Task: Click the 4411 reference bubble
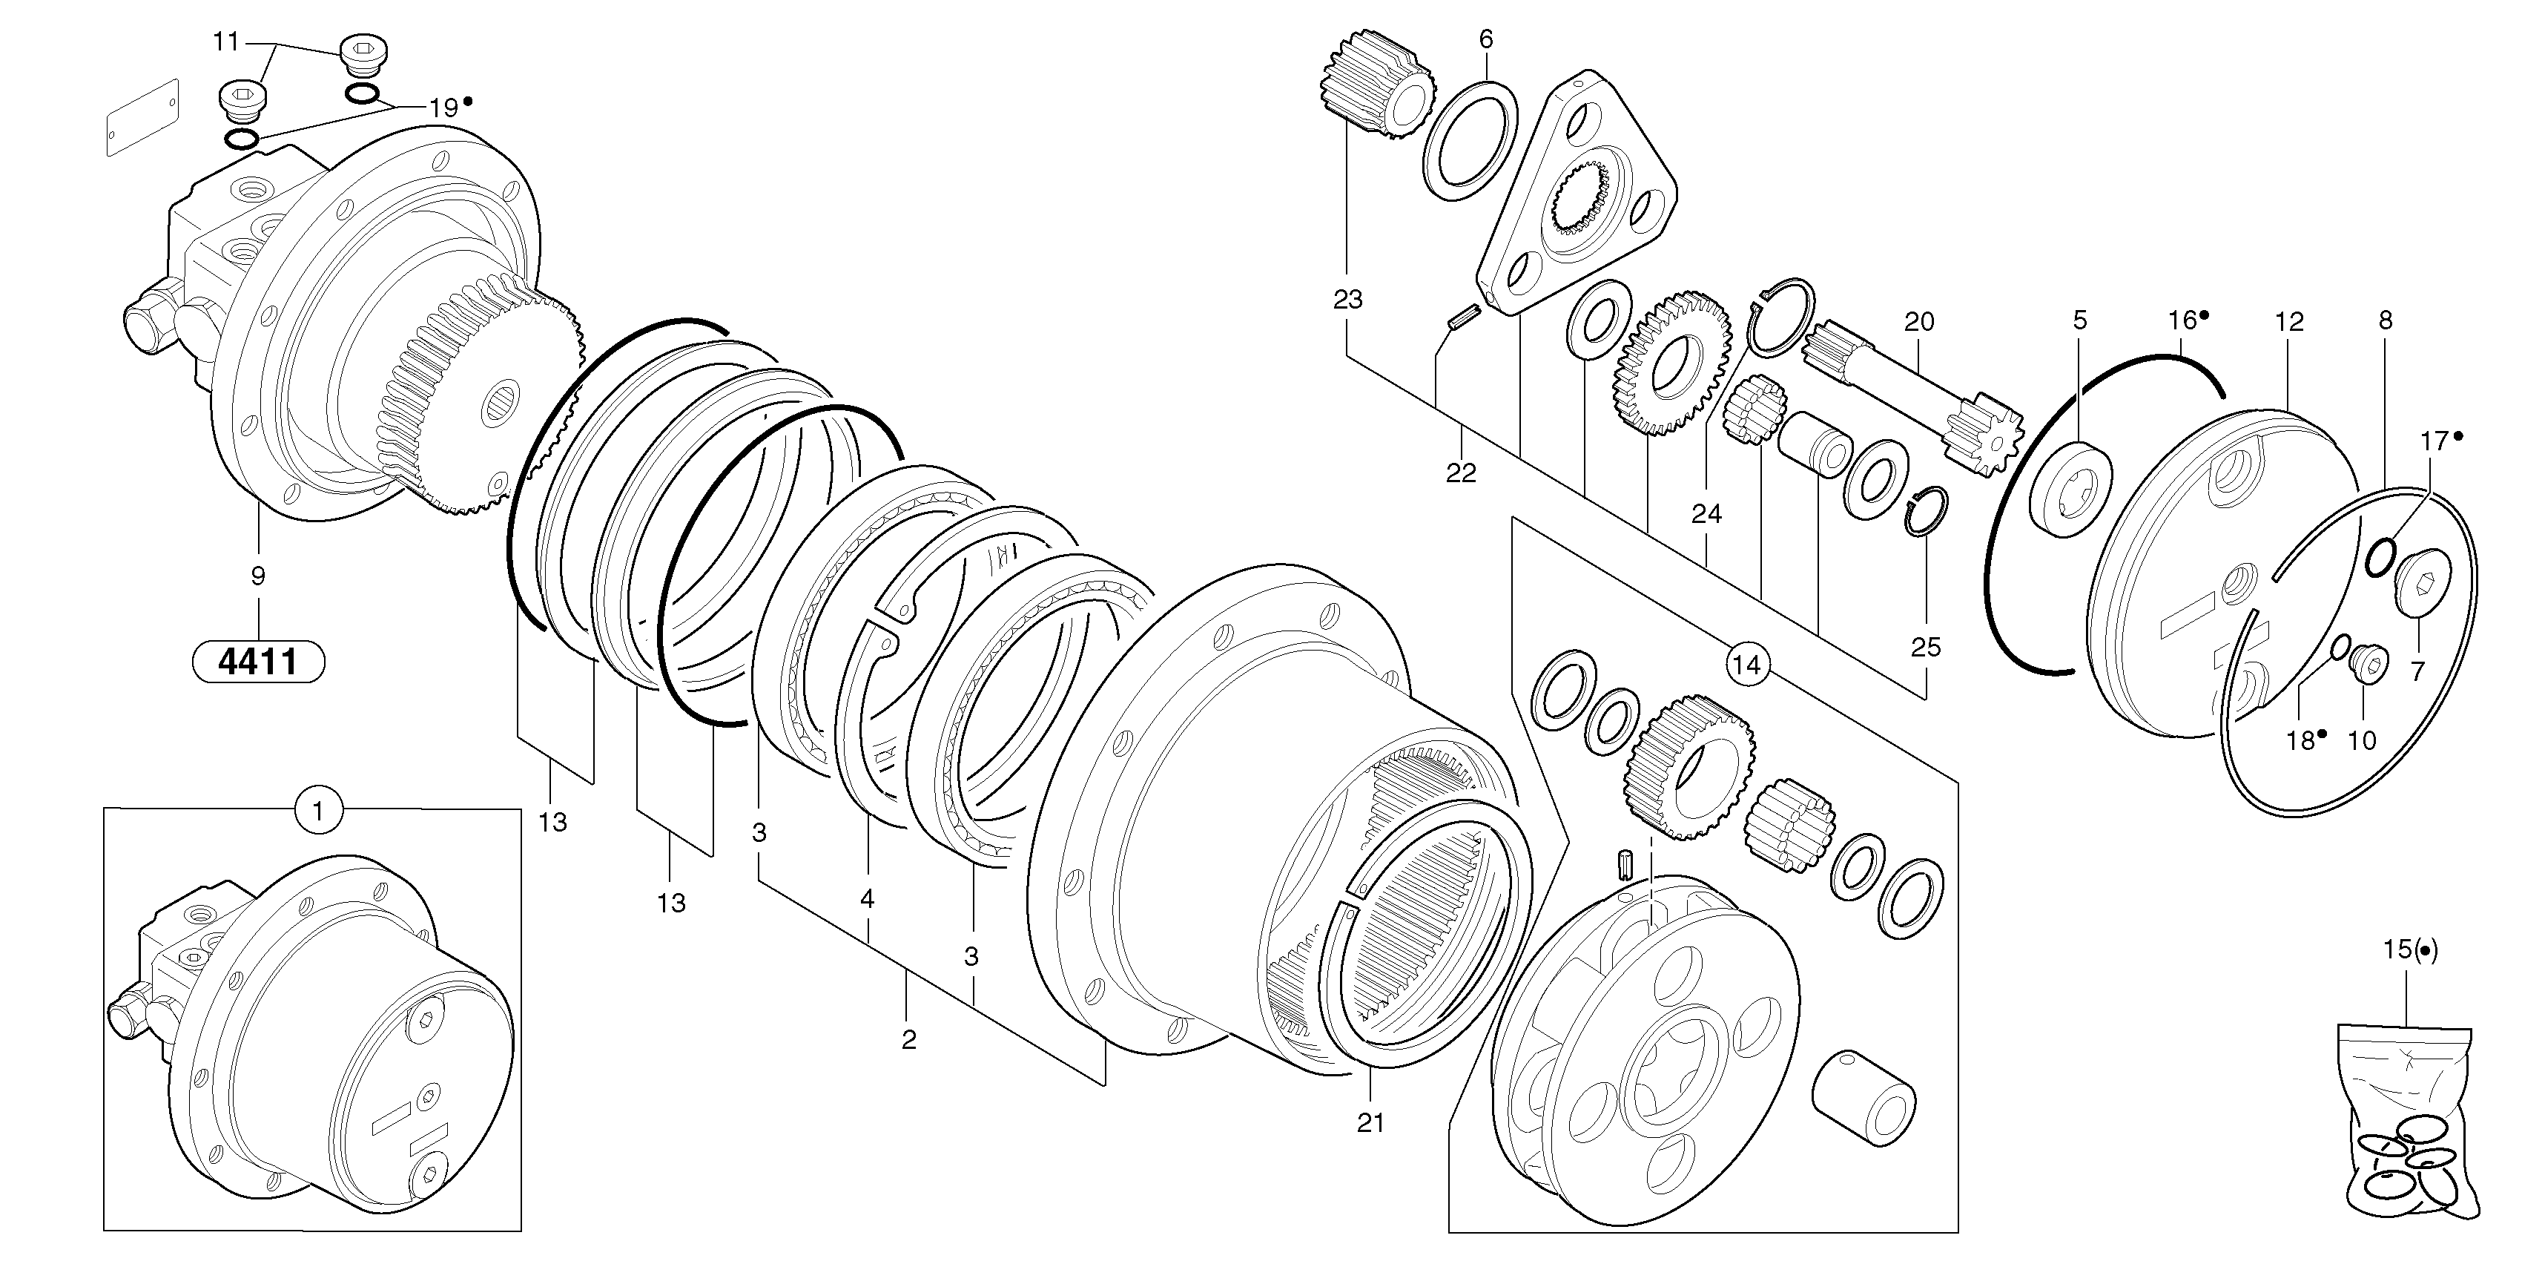259,662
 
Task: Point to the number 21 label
1370,1123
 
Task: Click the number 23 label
1348,300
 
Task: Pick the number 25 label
1926,647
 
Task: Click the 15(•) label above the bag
2410,949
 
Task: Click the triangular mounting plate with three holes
1577,196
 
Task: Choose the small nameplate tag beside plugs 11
143,117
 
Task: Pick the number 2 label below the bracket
908,1040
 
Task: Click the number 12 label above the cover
2289,321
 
